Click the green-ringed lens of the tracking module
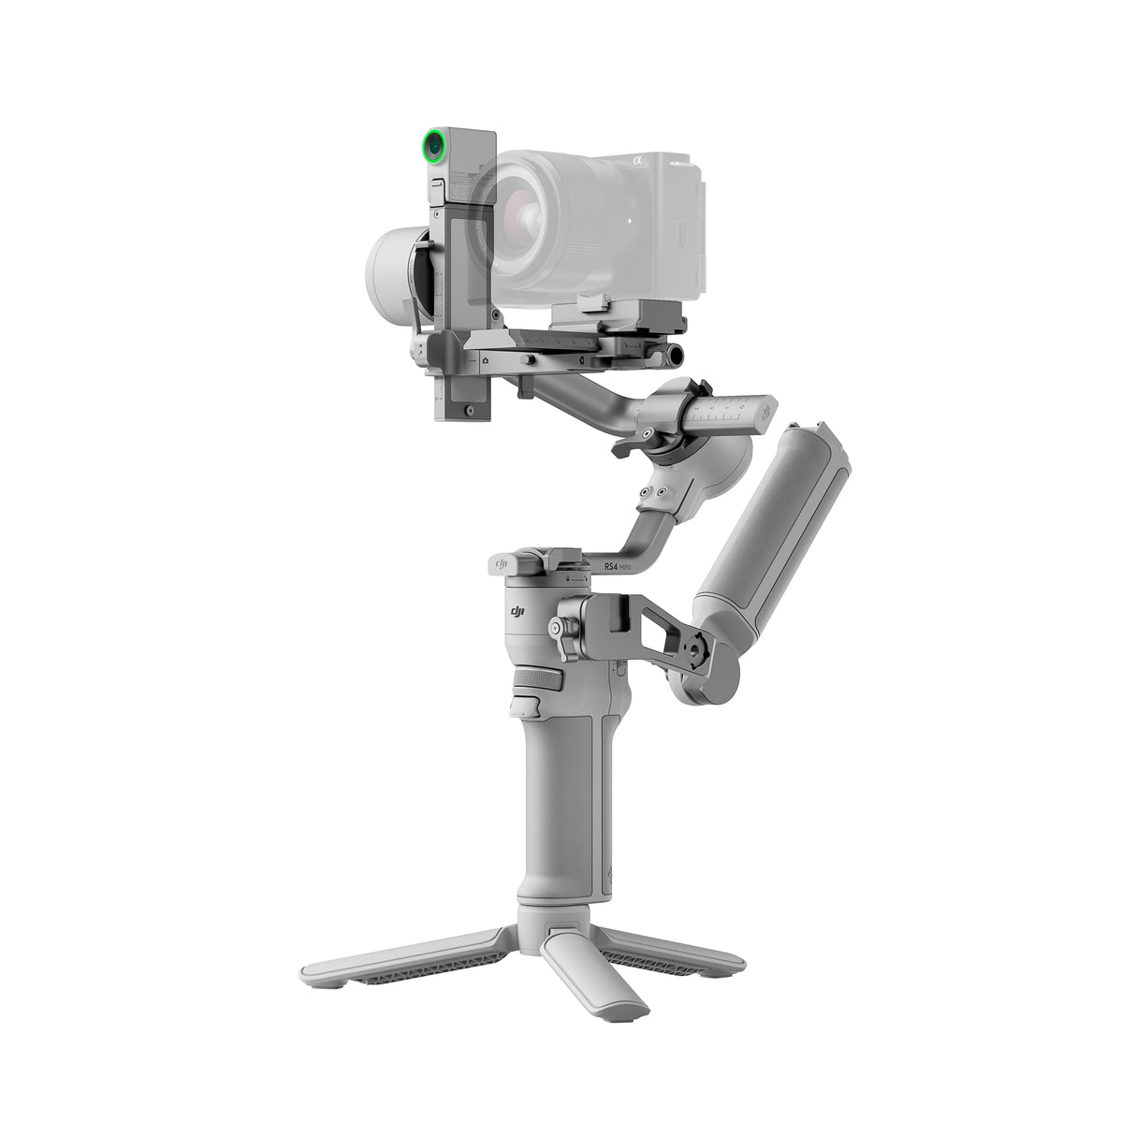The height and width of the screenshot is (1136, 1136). point(433,146)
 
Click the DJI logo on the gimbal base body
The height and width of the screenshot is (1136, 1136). point(517,611)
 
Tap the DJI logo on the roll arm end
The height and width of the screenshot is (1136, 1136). point(766,410)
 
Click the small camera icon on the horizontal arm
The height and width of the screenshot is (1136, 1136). point(485,359)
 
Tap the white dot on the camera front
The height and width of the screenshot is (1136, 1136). point(629,221)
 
